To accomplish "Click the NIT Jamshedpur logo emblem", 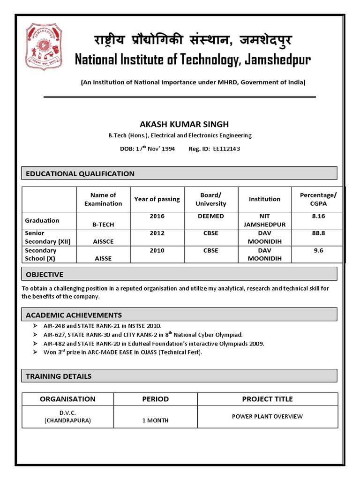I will point(44,47).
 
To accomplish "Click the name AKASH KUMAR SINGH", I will point(178,124).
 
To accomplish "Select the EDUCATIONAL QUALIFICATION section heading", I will point(80,173).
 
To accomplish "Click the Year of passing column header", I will point(157,199).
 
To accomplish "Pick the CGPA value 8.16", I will point(318,216).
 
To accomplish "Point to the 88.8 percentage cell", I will point(318,233).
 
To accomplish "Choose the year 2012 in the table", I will point(157,233).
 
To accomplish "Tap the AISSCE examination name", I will point(103,241).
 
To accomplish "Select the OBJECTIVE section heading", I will point(45,274).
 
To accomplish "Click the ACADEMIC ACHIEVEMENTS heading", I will point(74,315).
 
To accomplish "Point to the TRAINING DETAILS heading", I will point(59,376).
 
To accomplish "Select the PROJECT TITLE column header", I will point(267,399).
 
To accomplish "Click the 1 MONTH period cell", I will point(155,420).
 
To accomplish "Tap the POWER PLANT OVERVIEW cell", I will point(267,416).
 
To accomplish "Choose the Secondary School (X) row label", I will point(42,255).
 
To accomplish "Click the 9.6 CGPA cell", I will point(318,250).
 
